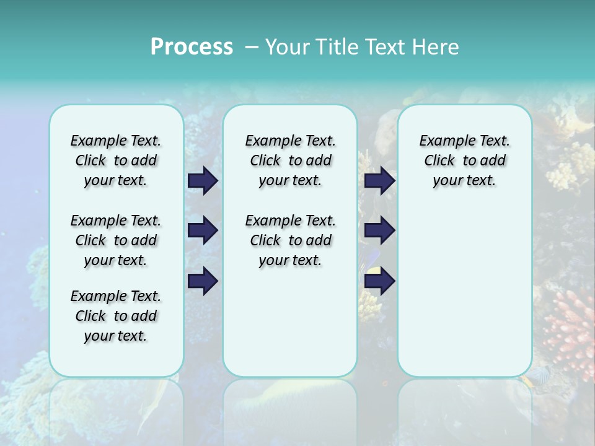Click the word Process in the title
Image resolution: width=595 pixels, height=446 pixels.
pos(192,47)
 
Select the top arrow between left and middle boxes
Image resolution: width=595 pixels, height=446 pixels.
pos(203,180)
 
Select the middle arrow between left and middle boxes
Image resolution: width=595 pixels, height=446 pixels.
pos(203,230)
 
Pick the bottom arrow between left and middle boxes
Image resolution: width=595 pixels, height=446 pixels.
pos(203,281)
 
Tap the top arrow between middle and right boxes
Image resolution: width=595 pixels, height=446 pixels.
pos(379,180)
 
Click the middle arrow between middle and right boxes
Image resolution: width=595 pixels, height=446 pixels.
pos(379,230)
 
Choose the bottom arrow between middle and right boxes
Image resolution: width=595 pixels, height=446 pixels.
pos(379,281)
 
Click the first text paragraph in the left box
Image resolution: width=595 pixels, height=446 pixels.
pos(116,160)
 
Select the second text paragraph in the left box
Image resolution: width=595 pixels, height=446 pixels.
pos(116,240)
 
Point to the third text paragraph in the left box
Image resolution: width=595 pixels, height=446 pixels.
pos(116,316)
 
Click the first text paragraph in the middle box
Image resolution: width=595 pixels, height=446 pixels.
pos(290,160)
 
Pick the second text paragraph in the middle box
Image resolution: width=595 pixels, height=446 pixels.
pos(290,240)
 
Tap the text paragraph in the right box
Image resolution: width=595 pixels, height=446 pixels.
pos(464,160)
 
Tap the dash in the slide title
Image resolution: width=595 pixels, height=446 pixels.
pos(250,47)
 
